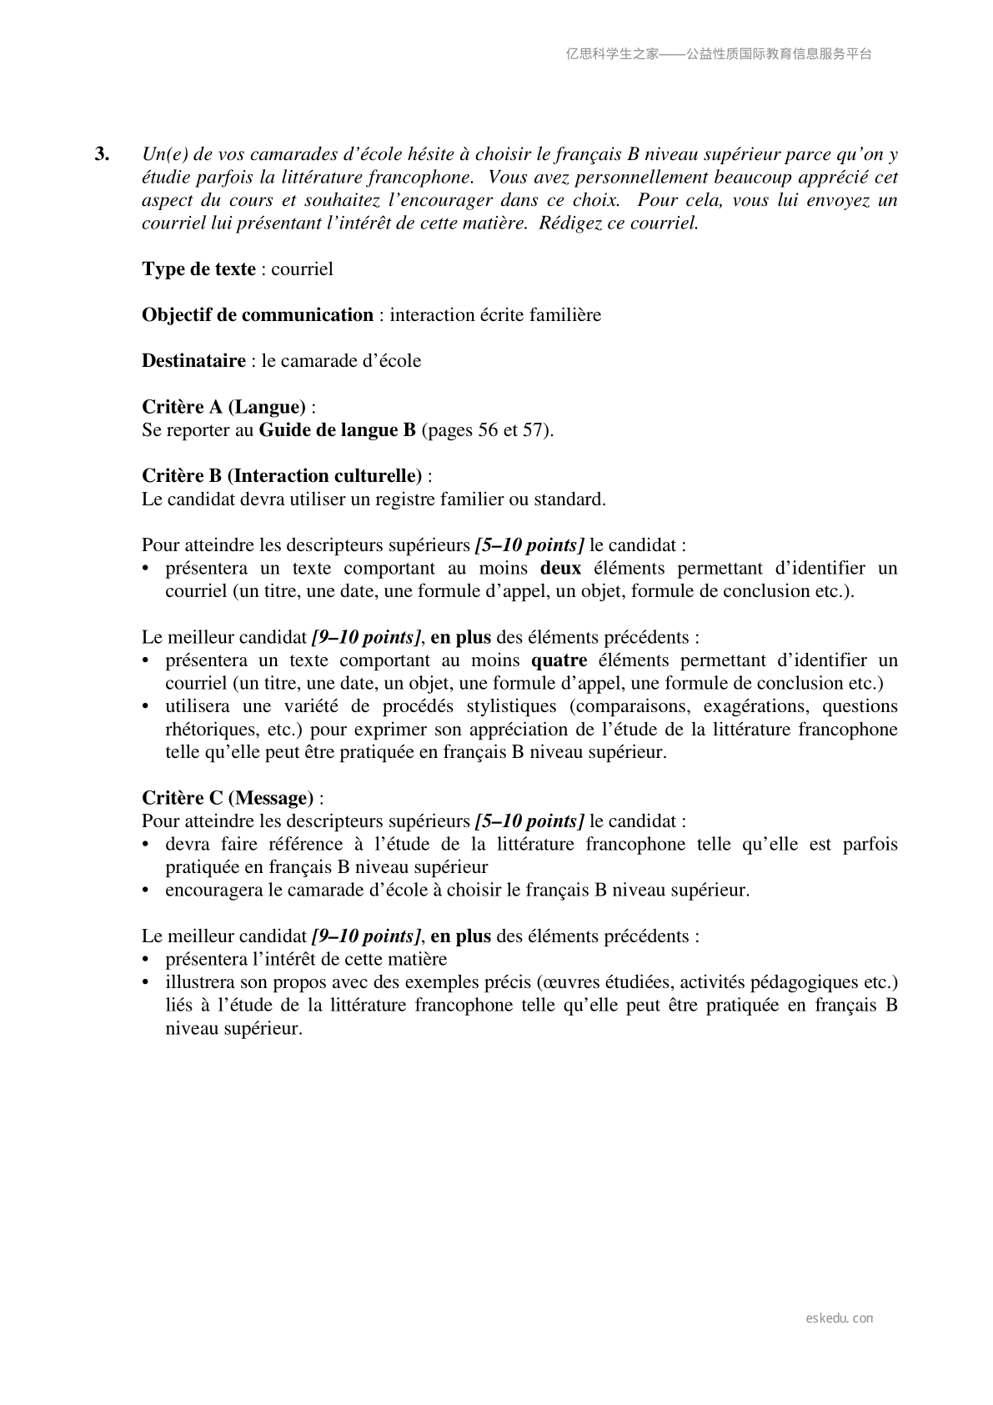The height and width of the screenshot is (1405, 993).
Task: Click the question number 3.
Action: click(102, 154)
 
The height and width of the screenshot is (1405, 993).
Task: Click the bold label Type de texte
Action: click(198, 268)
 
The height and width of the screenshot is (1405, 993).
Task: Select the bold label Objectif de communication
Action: click(257, 314)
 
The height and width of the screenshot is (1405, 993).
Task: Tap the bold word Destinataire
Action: click(193, 360)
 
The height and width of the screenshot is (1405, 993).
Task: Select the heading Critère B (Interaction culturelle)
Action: click(282, 476)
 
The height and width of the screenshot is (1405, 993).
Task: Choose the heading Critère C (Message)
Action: click(228, 798)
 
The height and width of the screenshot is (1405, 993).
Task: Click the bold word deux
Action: click(560, 569)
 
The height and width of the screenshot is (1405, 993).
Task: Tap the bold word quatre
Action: click(559, 660)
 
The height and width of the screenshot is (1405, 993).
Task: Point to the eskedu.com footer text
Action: click(840, 1318)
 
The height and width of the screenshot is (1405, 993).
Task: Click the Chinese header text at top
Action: click(719, 54)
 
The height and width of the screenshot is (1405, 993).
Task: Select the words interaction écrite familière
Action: click(495, 314)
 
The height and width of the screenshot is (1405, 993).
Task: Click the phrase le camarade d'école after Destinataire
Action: click(341, 360)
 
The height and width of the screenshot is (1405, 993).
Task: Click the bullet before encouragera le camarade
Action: click(146, 890)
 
